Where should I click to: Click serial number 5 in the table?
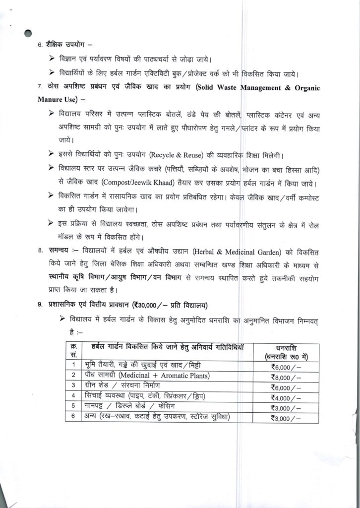73,406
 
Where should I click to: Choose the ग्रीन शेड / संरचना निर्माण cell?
123,385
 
